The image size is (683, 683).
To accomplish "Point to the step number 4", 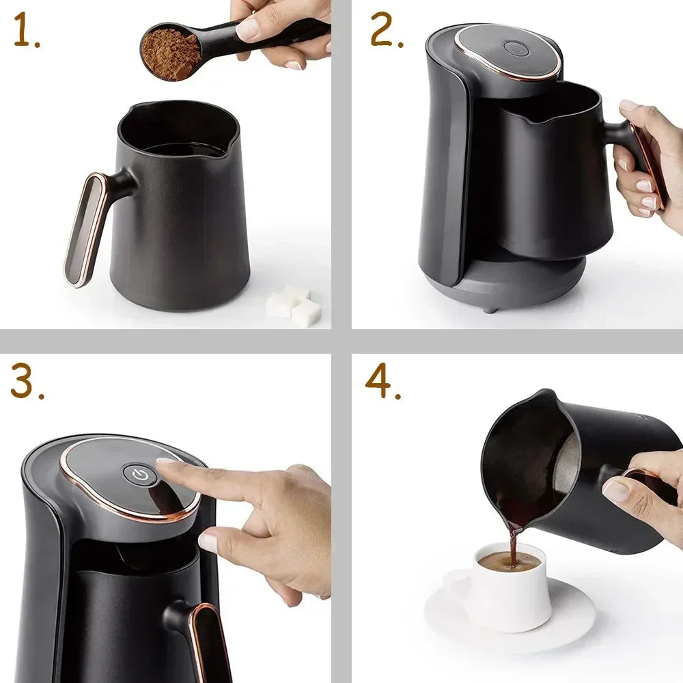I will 382,382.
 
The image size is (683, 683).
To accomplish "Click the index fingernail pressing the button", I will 167,462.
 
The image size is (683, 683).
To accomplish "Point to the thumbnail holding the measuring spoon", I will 247,28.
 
